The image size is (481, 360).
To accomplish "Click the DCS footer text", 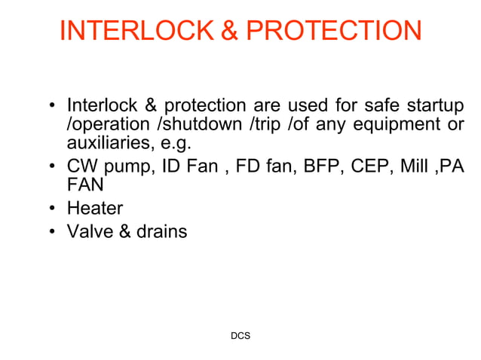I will tap(240, 335).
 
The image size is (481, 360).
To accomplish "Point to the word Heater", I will tap(95, 208).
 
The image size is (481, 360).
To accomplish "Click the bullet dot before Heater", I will tap(53, 209).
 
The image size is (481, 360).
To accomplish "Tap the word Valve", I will tap(87, 231).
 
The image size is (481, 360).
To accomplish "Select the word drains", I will tap(161, 231).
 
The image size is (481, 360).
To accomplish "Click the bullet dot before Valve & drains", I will tap(53, 232).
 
